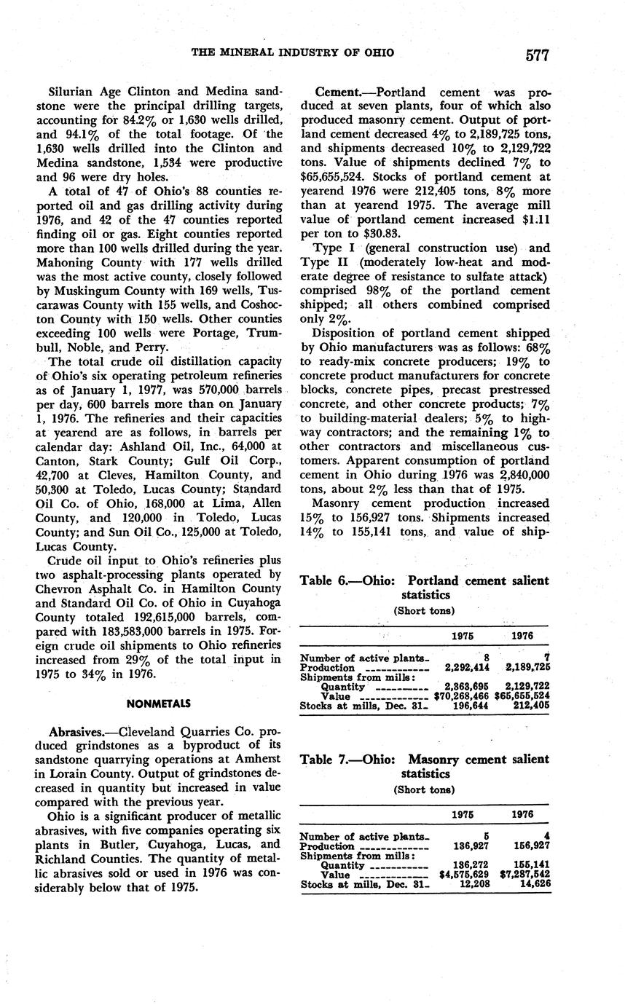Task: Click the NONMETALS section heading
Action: [x=158, y=703]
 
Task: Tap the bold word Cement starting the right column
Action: [x=337, y=92]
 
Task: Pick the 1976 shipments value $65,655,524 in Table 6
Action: [x=522, y=695]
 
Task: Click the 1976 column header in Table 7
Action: [x=522, y=814]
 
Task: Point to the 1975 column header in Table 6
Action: [x=462, y=636]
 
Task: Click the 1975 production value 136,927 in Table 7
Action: [x=469, y=846]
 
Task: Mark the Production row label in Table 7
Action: [x=327, y=846]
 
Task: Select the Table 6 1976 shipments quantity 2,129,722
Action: [x=524, y=686]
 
